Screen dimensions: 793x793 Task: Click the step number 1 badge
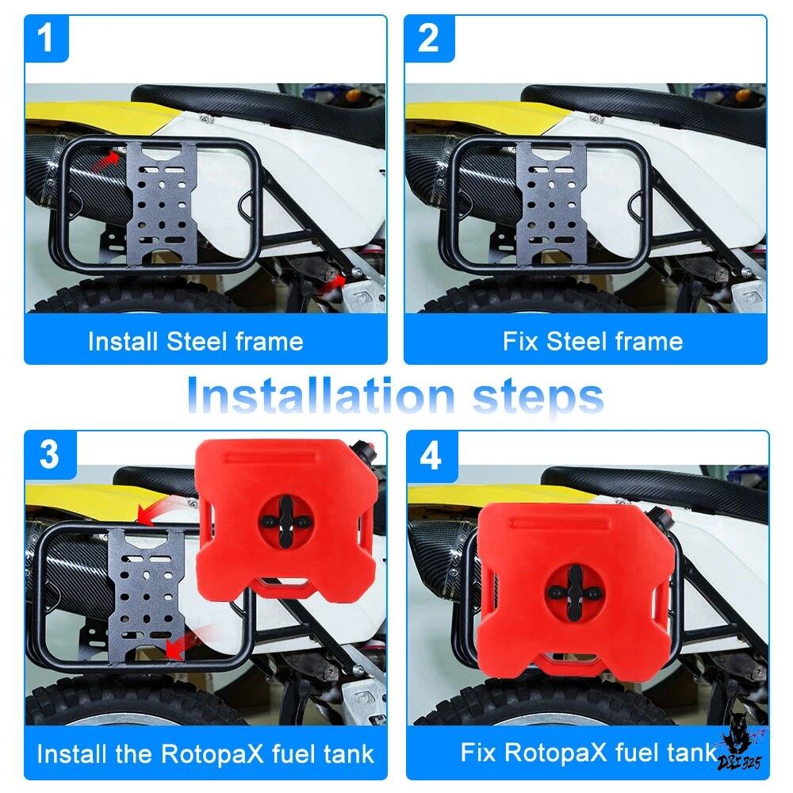click(x=46, y=38)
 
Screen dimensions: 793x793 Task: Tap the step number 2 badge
click(x=429, y=38)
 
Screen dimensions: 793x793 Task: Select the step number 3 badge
click(x=50, y=454)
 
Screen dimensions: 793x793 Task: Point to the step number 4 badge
click(x=431, y=456)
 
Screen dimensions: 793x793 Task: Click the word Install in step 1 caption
click(x=123, y=341)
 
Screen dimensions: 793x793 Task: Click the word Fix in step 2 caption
click(x=520, y=341)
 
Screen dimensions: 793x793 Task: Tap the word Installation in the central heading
click(x=321, y=396)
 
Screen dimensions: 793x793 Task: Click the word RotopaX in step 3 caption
click(x=213, y=753)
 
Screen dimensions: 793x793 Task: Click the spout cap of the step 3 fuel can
click(x=365, y=449)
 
